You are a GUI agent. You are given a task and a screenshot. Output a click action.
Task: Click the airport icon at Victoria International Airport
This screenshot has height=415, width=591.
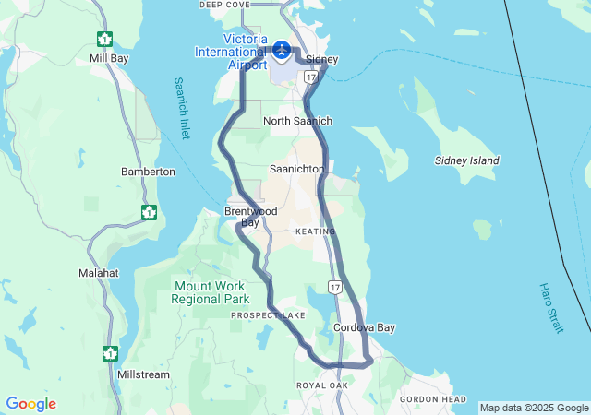click(x=283, y=50)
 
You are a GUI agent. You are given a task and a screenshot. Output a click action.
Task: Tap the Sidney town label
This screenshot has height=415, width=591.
click(x=321, y=60)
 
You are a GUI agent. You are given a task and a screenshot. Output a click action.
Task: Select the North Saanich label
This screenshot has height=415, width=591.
click(x=297, y=121)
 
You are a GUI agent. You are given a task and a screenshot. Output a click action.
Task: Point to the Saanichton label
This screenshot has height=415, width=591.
click(x=296, y=170)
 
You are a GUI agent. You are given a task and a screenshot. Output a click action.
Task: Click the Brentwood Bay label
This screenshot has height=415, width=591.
click(x=250, y=217)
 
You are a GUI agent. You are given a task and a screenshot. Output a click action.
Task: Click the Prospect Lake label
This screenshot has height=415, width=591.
click(x=268, y=315)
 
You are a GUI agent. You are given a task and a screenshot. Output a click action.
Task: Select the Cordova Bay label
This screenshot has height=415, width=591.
click(x=364, y=327)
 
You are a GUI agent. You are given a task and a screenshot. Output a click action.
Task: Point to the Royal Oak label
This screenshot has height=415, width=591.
click(x=322, y=385)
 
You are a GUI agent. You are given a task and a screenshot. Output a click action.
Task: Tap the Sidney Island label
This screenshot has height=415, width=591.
click(x=467, y=160)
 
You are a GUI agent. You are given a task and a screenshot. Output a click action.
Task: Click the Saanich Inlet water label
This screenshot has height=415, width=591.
click(x=182, y=107)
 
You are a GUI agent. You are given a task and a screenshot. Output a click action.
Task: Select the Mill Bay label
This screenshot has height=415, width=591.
click(x=109, y=58)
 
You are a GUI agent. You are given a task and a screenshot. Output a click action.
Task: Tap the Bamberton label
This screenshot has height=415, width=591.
click(x=148, y=172)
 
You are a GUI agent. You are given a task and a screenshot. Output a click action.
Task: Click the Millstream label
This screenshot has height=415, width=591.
click(x=144, y=375)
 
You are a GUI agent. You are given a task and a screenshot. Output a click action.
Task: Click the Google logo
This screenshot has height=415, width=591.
click(x=30, y=404)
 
